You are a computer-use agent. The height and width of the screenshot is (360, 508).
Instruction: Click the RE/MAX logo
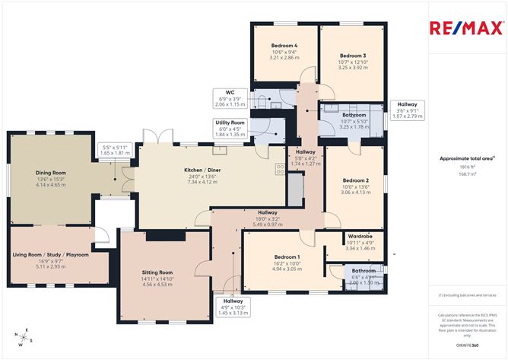point(465,29)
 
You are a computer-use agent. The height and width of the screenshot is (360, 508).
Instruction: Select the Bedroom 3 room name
point(353,56)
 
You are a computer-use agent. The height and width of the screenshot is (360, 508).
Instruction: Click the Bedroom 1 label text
point(287,256)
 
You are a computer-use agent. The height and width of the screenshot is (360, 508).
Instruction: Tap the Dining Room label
point(50,173)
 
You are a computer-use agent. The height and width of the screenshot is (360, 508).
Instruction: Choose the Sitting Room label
point(157,272)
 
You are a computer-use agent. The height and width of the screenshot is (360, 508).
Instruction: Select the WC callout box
point(229,98)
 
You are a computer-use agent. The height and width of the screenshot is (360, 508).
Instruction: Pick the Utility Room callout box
point(229,127)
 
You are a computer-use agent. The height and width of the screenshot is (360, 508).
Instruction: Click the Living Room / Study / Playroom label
point(50,254)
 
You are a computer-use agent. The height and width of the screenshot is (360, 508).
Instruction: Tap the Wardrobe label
point(358,237)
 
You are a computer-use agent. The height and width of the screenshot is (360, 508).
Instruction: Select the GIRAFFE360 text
point(465,345)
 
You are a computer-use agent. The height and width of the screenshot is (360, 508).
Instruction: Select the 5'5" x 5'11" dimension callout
point(116,150)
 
